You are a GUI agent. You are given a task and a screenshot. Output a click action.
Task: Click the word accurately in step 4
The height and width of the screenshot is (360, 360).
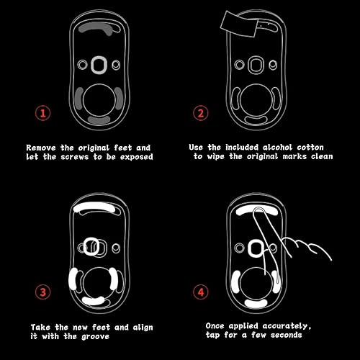pos(299,325)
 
